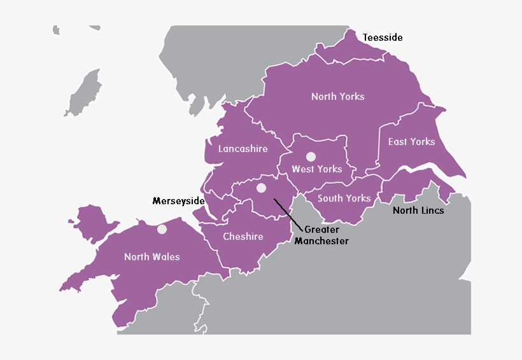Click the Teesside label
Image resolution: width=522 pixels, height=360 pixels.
383,38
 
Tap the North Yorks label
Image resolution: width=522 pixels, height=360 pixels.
338,97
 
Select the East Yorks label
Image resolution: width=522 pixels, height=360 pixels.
412,142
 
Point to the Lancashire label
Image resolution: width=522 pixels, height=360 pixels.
243,149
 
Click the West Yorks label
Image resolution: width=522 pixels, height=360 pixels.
317,169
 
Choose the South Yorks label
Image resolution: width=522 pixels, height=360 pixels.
344,198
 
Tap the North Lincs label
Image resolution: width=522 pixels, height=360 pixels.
418,211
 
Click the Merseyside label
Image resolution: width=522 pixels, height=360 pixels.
178,201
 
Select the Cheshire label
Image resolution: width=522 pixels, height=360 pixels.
243,237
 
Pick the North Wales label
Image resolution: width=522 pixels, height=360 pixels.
152,257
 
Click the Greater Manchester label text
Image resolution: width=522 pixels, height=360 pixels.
321,235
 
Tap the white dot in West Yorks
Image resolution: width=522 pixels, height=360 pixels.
311,156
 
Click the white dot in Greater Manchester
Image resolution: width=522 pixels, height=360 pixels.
261,188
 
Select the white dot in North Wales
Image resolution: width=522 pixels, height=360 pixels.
162,229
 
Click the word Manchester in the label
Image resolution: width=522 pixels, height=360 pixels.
321,241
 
